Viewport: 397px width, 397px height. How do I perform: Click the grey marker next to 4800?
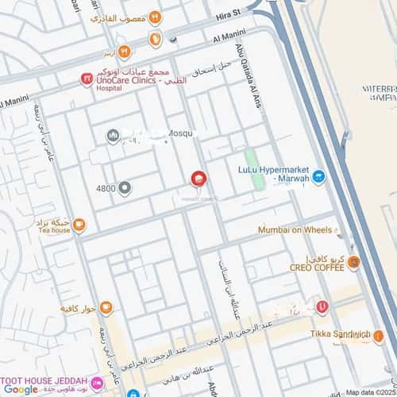pos(125,188)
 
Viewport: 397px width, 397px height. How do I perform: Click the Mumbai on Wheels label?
pos(295,230)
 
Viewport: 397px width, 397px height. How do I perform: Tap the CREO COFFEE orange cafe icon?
pos(353,263)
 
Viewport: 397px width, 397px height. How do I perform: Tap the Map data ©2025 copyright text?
pos(370,392)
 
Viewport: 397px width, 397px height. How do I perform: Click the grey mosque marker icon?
pos(112,136)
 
